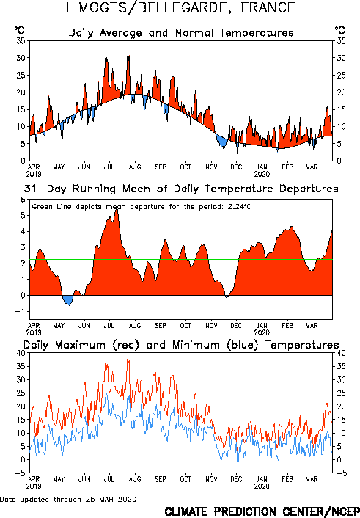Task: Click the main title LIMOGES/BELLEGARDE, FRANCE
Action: [180, 8]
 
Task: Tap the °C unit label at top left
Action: [20, 30]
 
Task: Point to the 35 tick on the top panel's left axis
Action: [21, 41]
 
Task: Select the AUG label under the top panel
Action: [135, 167]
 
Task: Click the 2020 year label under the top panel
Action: [262, 174]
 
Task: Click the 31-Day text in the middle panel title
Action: [45, 189]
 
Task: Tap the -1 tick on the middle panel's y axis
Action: [21, 312]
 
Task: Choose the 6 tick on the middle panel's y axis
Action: [23, 200]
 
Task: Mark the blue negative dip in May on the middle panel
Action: [68, 300]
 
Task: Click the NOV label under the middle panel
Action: [211, 326]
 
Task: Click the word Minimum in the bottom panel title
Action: [196, 346]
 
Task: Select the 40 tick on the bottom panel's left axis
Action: [21, 353]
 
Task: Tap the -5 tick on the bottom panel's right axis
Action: [342, 473]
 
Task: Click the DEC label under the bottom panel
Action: [236, 479]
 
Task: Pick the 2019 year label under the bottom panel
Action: [34, 486]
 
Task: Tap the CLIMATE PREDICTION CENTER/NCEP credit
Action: [262, 511]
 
